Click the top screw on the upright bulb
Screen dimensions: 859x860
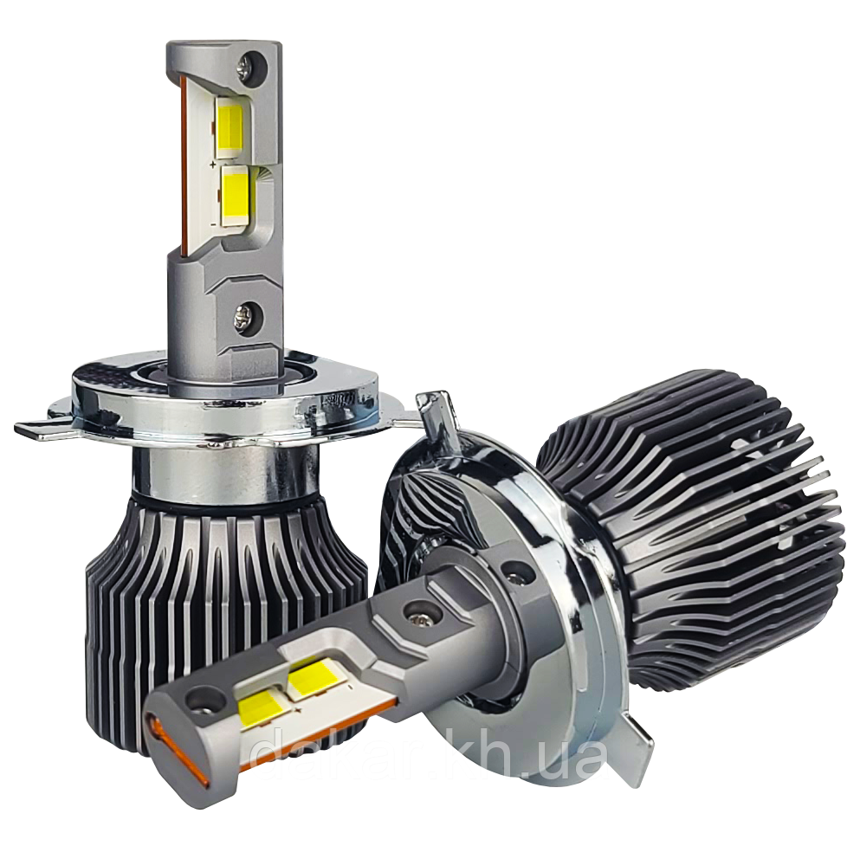pyautogui.click(x=250, y=62)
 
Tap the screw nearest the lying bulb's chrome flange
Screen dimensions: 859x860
pyautogui.click(x=517, y=571)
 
